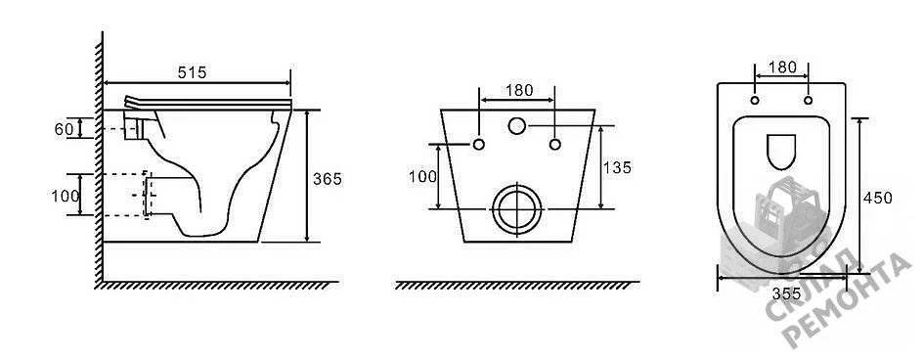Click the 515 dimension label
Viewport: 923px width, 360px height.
point(192,72)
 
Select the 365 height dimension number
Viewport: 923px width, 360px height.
point(327,179)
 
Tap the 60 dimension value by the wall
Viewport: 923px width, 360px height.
point(64,129)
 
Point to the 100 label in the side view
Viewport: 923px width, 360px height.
point(65,197)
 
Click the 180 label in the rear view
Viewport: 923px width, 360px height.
point(519,91)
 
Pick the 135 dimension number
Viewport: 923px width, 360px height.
point(617,168)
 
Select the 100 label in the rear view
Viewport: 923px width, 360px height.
point(422,177)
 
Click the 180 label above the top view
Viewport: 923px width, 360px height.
point(782,67)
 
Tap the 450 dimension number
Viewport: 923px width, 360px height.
point(878,198)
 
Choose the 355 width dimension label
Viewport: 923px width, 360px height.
point(786,292)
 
